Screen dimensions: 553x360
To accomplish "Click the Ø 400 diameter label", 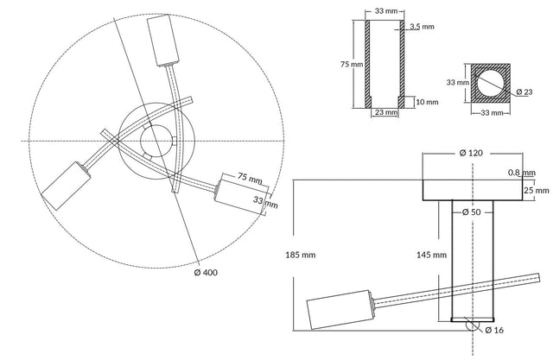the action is point(206,272).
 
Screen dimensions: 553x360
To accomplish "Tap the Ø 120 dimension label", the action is point(471,153).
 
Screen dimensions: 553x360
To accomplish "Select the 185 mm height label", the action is point(301,255).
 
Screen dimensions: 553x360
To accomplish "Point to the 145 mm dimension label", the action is point(431,255).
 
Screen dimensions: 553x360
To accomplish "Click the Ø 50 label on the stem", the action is point(471,212).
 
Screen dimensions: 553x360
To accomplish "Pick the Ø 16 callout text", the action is point(494,330).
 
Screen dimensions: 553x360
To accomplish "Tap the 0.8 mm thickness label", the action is point(522,173).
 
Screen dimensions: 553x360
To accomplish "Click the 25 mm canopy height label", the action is point(537,190).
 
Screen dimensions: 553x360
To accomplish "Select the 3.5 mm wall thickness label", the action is point(422,27).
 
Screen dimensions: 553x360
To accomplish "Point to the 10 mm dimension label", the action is point(427,102).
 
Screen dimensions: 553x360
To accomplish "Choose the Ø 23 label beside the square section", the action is point(524,92).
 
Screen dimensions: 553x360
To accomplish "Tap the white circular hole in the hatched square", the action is point(491,84).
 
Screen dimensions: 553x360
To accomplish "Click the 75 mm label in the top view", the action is point(250,178).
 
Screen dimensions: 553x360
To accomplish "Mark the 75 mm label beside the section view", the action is point(352,64).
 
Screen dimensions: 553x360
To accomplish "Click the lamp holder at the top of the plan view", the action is point(163,41).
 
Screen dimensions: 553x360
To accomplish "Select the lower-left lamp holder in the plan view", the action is point(66,186).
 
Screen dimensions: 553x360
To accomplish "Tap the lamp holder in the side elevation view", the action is point(340,310).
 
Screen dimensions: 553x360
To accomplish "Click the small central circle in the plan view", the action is point(156,141).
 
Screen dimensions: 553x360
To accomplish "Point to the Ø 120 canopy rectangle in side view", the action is point(473,190).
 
